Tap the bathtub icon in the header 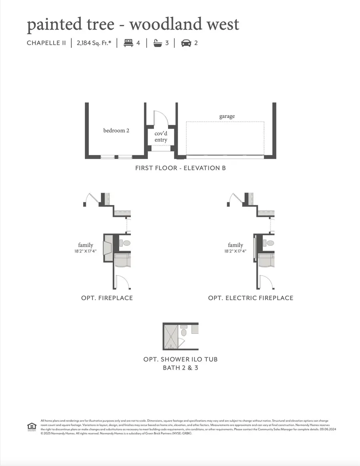point(158,43)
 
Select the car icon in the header point(186,43)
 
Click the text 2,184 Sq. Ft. point(94,43)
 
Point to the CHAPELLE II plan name point(46,43)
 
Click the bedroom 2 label point(116,130)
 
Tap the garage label point(227,116)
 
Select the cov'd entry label point(161,137)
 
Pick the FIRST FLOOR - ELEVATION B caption point(180,168)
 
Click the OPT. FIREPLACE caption point(107,298)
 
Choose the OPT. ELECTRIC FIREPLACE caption point(250,298)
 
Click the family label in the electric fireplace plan point(235,245)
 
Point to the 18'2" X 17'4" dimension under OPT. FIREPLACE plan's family point(85,251)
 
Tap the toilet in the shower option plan point(184,332)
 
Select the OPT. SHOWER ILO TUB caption point(180,359)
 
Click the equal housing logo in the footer point(32,426)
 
